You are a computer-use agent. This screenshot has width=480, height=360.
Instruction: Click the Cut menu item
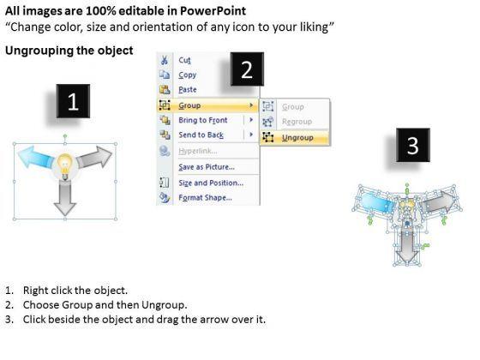pyautogui.click(x=184, y=60)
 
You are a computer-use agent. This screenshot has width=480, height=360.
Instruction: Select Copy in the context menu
pyautogui.click(x=188, y=75)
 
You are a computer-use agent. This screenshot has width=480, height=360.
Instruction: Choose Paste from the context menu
pyautogui.click(x=188, y=90)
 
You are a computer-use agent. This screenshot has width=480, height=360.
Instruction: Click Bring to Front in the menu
pyautogui.click(x=203, y=120)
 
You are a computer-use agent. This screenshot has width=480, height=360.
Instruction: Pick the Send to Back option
pyautogui.click(x=201, y=135)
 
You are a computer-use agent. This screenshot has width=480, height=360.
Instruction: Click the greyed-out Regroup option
pyautogui.click(x=297, y=122)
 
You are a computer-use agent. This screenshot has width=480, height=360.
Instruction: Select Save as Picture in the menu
pyautogui.click(x=207, y=167)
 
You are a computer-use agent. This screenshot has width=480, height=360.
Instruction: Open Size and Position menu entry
pyautogui.click(x=211, y=183)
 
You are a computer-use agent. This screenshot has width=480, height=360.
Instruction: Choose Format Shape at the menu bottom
pyautogui.click(x=205, y=198)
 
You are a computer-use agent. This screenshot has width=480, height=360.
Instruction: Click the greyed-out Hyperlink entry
pyautogui.click(x=198, y=151)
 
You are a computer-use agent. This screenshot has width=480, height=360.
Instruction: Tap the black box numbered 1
pyautogui.click(x=73, y=101)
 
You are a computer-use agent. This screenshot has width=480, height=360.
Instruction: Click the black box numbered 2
pyautogui.click(x=247, y=69)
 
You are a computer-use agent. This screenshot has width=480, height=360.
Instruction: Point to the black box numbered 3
pyautogui.click(x=413, y=145)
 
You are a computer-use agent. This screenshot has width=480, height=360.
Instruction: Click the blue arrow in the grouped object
pyautogui.click(x=35, y=156)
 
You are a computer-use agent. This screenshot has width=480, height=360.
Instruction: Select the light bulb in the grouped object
pyautogui.click(x=65, y=165)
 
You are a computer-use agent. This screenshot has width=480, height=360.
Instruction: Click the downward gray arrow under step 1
pyautogui.click(x=65, y=198)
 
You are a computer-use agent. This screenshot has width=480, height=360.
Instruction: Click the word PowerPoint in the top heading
pyautogui.click(x=213, y=11)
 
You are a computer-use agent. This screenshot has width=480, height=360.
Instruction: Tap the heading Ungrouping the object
pyautogui.click(x=69, y=51)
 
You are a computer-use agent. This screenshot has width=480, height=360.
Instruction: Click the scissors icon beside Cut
pyautogui.click(x=165, y=60)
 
